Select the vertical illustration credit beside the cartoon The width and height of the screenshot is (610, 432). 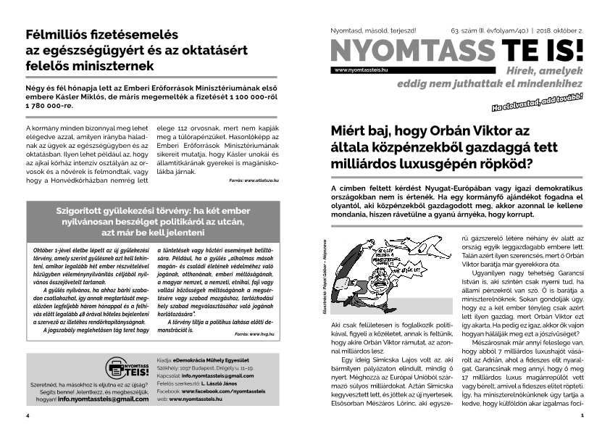tap(323, 278)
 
